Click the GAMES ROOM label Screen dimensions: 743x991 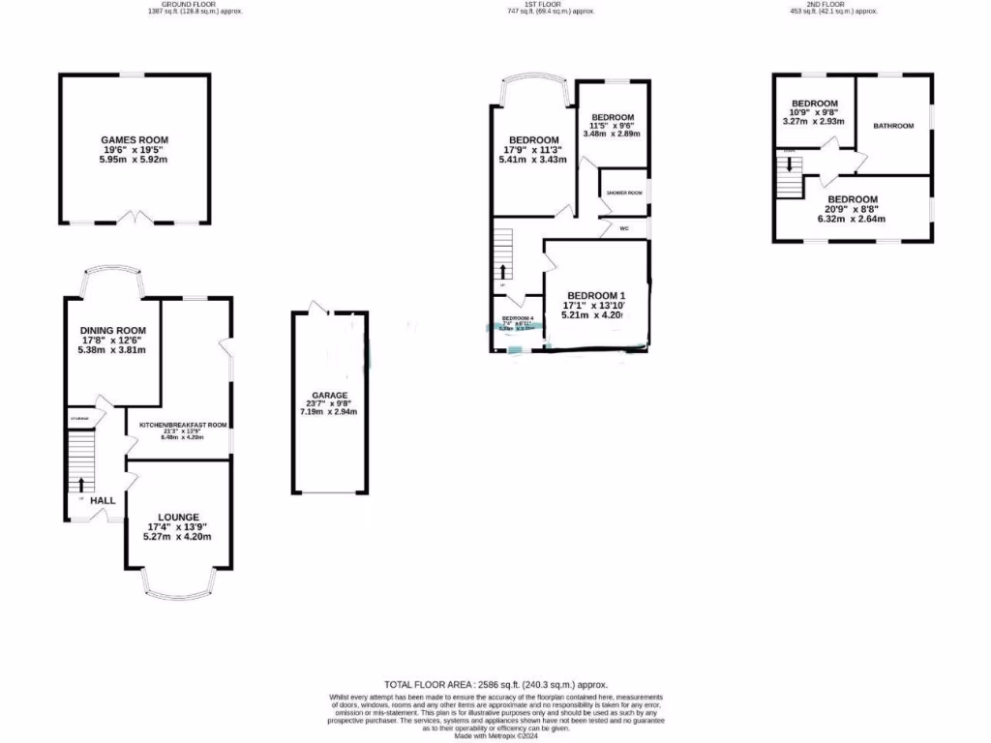[135, 140]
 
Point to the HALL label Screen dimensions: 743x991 [103, 501]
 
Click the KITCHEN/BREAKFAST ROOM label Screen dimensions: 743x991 [182, 425]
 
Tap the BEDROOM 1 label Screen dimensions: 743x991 [597, 295]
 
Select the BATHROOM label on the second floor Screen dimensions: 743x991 [892, 127]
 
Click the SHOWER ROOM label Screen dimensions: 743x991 [624, 193]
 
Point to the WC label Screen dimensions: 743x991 [624, 229]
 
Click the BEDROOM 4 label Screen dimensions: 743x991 [518, 318]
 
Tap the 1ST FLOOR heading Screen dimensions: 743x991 [544, 5]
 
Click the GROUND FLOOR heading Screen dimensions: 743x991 [182, 5]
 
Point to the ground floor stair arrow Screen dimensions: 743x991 [81, 484]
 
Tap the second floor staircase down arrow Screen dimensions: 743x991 [791, 163]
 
